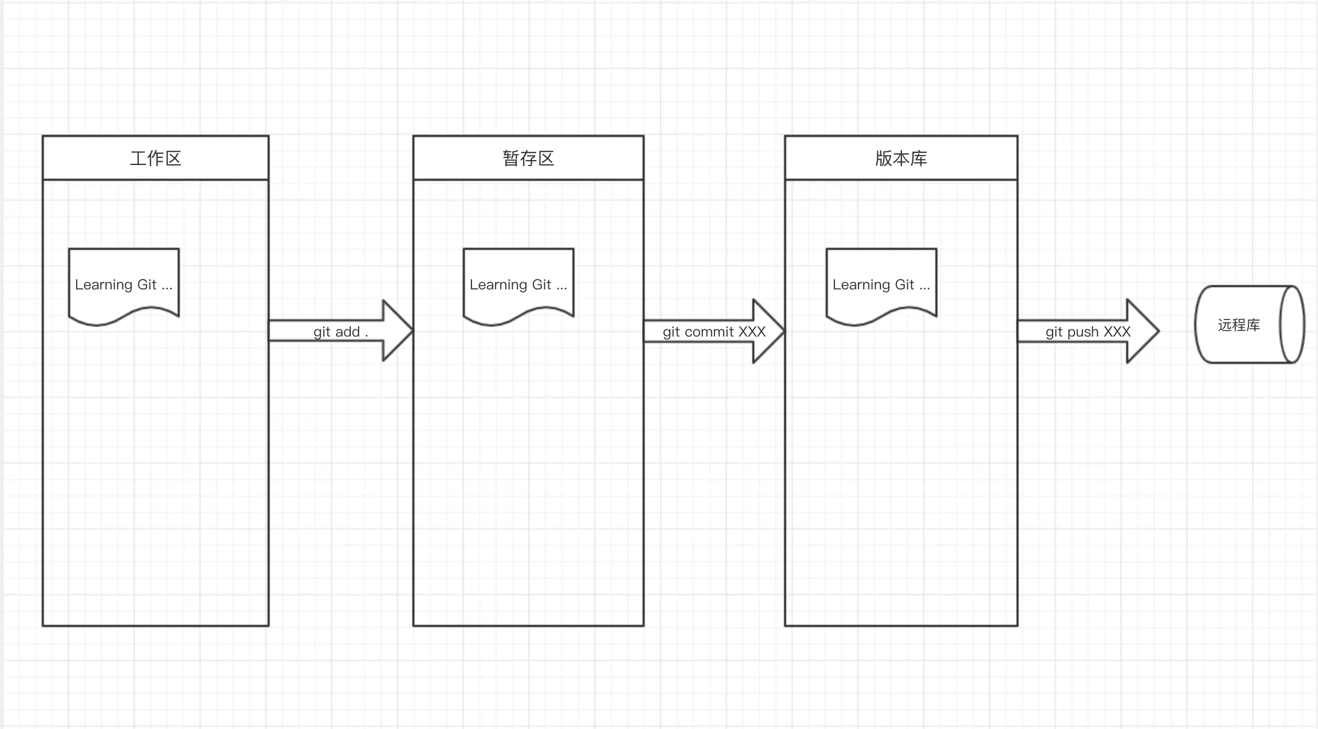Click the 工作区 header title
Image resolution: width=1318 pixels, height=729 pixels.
[156, 158]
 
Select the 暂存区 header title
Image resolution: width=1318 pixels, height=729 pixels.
[528, 158]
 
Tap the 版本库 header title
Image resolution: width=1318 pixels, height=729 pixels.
[901, 158]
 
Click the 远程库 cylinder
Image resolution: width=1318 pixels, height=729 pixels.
[1239, 325]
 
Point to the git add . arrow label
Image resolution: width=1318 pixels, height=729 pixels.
[340, 332]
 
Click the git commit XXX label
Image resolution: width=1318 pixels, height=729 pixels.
[714, 332]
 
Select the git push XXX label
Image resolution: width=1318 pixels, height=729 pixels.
[1088, 332]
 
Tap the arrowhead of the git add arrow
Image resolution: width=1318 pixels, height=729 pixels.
[397, 331]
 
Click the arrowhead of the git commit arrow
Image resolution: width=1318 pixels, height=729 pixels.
[769, 331]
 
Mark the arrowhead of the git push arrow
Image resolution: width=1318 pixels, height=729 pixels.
[1143, 331]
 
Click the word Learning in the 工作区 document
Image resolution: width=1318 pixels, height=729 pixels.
[104, 285]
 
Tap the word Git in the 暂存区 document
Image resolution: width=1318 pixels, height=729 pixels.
[541, 284]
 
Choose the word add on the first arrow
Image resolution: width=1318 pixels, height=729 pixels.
[348, 332]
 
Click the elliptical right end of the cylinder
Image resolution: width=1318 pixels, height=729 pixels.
[1292, 324]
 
